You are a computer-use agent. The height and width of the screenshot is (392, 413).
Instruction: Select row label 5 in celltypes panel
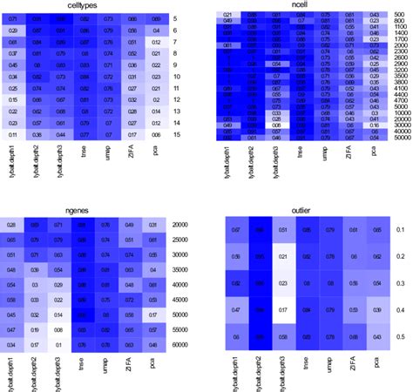pos(174,18)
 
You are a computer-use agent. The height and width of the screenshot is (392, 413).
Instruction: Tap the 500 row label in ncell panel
pos(392,17)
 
